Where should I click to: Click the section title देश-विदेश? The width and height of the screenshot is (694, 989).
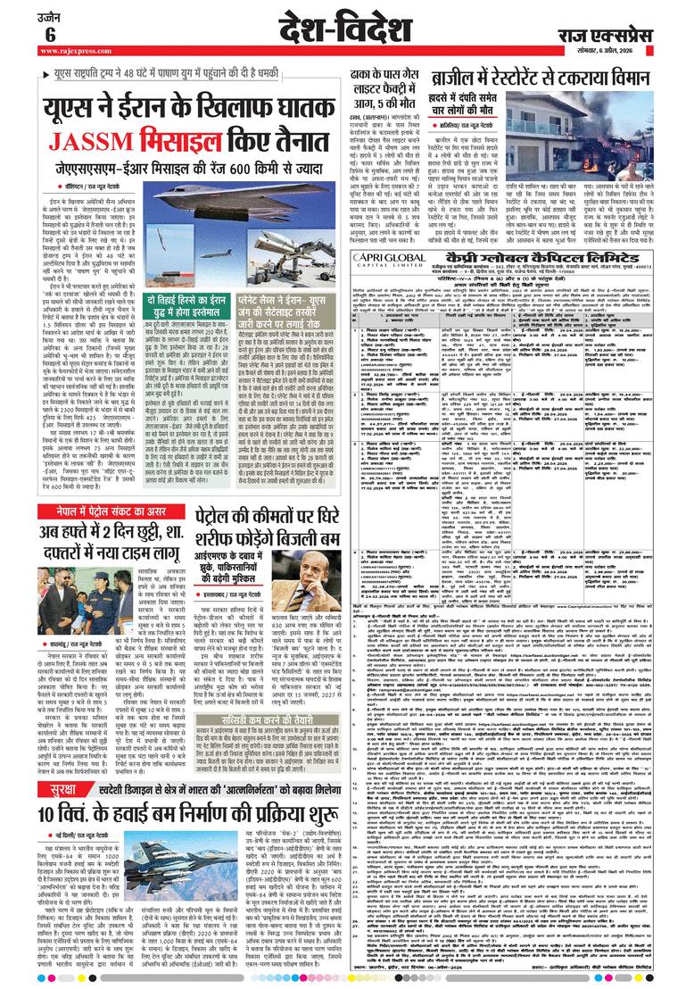(343, 29)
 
